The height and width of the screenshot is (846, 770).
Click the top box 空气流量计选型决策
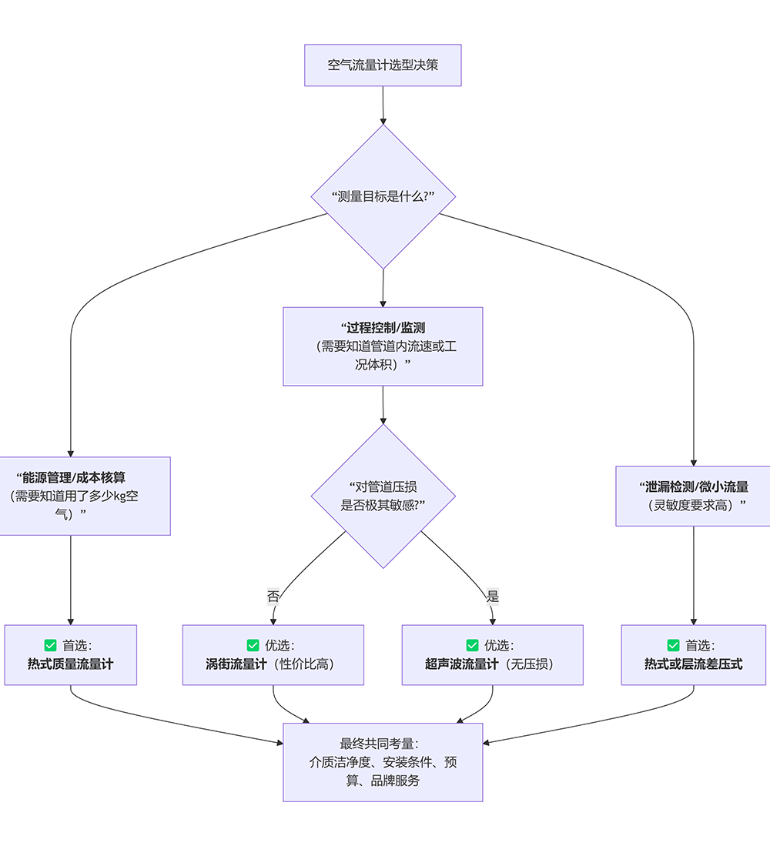coord(383,65)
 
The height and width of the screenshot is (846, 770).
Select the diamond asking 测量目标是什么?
coord(383,196)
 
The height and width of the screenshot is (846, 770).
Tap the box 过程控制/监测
coord(383,346)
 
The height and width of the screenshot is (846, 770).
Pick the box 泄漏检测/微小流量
coord(693,496)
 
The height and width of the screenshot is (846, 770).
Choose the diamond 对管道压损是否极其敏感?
coord(383,497)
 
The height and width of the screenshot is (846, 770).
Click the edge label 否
coord(273,596)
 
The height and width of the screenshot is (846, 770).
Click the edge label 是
coord(493,596)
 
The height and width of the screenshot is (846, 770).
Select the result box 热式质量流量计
coord(71,655)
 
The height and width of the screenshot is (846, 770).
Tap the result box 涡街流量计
coord(273,655)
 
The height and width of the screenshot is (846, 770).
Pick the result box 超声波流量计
coord(492,655)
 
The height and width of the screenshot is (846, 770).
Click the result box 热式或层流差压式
coord(693,655)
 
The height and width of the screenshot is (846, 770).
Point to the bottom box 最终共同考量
coord(383,762)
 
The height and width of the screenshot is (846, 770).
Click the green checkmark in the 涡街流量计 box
coord(253,645)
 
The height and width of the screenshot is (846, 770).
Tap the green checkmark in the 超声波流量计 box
coord(472,645)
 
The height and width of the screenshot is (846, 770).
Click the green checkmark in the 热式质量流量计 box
coord(51,645)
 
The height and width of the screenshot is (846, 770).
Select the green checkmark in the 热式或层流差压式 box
coord(674,645)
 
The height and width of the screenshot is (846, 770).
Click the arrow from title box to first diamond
coord(383,105)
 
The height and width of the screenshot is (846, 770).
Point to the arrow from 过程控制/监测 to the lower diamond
coord(383,405)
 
